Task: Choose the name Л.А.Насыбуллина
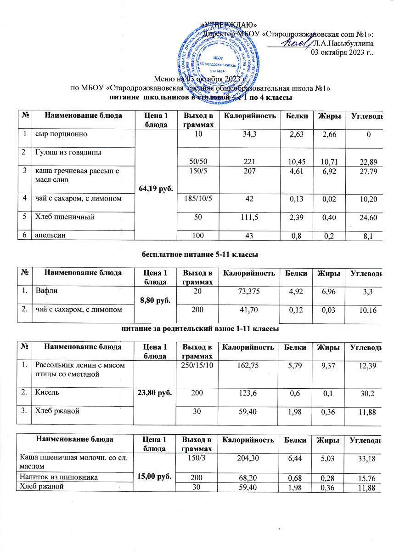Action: pyautogui.click(x=342, y=43)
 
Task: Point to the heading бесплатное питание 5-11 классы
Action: pyautogui.click(x=197, y=253)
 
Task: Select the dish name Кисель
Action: pyautogui.click(x=45, y=392)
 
